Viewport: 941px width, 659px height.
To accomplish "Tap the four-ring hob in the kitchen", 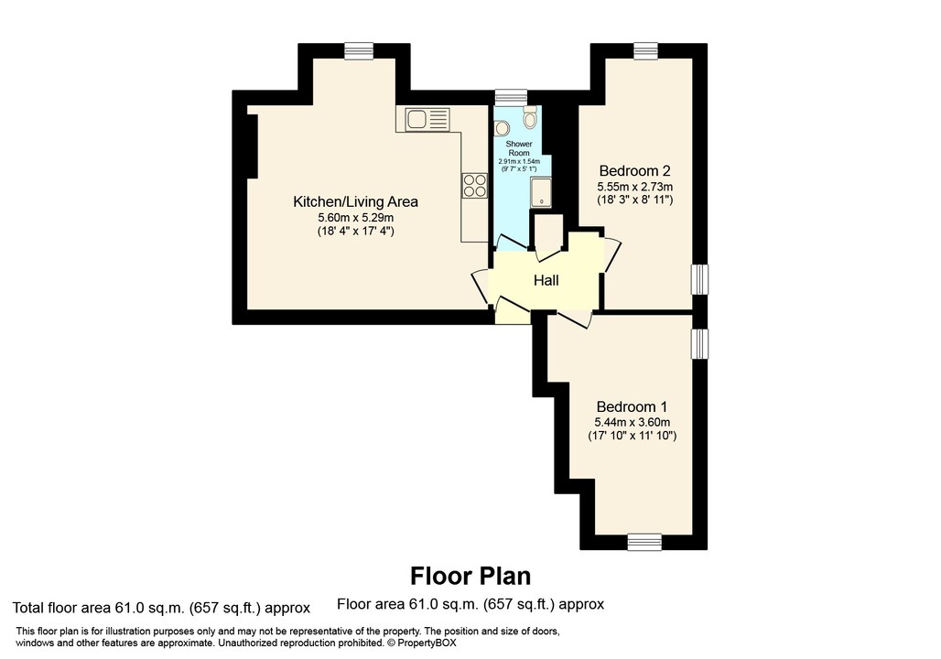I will pyautogui.click(x=474, y=185).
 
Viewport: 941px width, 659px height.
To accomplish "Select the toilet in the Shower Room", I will pyautogui.click(x=529, y=119).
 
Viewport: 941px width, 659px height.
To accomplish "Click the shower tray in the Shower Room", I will pyautogui.click(x=541, y=191).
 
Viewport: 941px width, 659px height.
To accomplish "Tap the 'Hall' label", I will pyautogui.click(x=546, y=280).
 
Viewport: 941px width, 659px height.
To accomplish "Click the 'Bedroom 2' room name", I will pyautogui.click(x=635, y=170).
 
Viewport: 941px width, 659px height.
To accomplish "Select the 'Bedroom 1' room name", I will pyautogui.click(x=632, y=406).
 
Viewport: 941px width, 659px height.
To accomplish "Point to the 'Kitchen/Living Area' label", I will pyautogui.click(x=355, y=201).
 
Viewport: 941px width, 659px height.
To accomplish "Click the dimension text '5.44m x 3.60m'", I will pyautogui.click(x=632, y=422).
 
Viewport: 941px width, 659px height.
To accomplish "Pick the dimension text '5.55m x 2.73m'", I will pyautogui.click(x=635, y=186).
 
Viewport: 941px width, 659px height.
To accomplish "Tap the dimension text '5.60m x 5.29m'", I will pyautogui.click(x=355, y=217).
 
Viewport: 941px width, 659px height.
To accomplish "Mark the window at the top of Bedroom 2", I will pyautogui.click(x=645, y=51).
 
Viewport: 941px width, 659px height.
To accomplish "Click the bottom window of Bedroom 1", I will pyautogui.click(x=644, y=542).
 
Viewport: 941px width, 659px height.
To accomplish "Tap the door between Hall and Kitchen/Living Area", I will pyautogui.click(x=480, y=287).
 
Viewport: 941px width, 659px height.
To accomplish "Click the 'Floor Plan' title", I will pyautogui.click(x=470, y=576).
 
